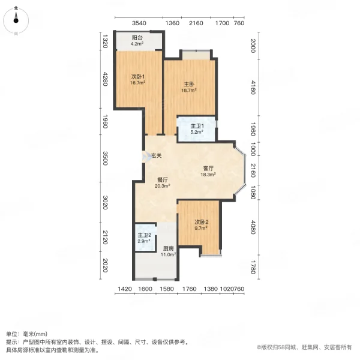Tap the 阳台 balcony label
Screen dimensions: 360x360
[139, 37]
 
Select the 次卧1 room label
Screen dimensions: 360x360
[139, 76]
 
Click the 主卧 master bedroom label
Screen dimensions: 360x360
[190, 84]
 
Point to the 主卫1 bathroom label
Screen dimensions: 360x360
[197, 126]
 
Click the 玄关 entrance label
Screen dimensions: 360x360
[156, 156]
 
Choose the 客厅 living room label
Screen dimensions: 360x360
[208, 168]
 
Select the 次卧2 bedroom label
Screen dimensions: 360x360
[201, 222]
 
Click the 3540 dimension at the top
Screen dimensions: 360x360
[139, 23]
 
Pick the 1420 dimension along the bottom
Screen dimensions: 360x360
[124, 289]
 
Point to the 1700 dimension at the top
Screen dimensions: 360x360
[222, 23]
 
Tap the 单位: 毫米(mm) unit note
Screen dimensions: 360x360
[27, 334]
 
